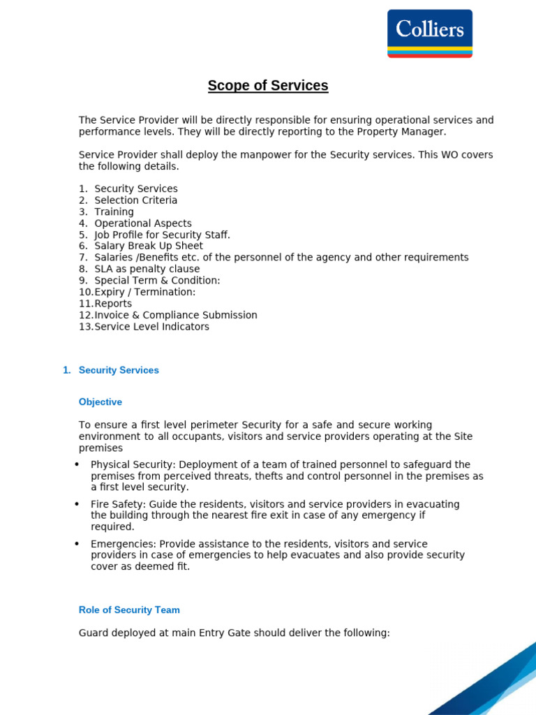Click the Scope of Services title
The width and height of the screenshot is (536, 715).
coord(268,86)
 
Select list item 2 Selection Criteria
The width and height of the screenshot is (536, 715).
coord(135,200)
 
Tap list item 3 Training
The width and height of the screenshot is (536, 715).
coord(114,212)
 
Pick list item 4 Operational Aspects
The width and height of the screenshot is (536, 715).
coord(142,223)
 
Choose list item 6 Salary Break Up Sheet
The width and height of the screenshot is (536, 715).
coord(149,246)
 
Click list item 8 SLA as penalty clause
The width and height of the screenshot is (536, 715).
coord(147,269)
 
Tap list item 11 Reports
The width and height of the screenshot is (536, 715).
coord(112,304)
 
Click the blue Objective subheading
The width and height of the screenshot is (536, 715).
coord(100,402)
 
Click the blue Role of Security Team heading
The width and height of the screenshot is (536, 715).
coord(129,610)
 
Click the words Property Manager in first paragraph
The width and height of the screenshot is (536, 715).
coord(405,132)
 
